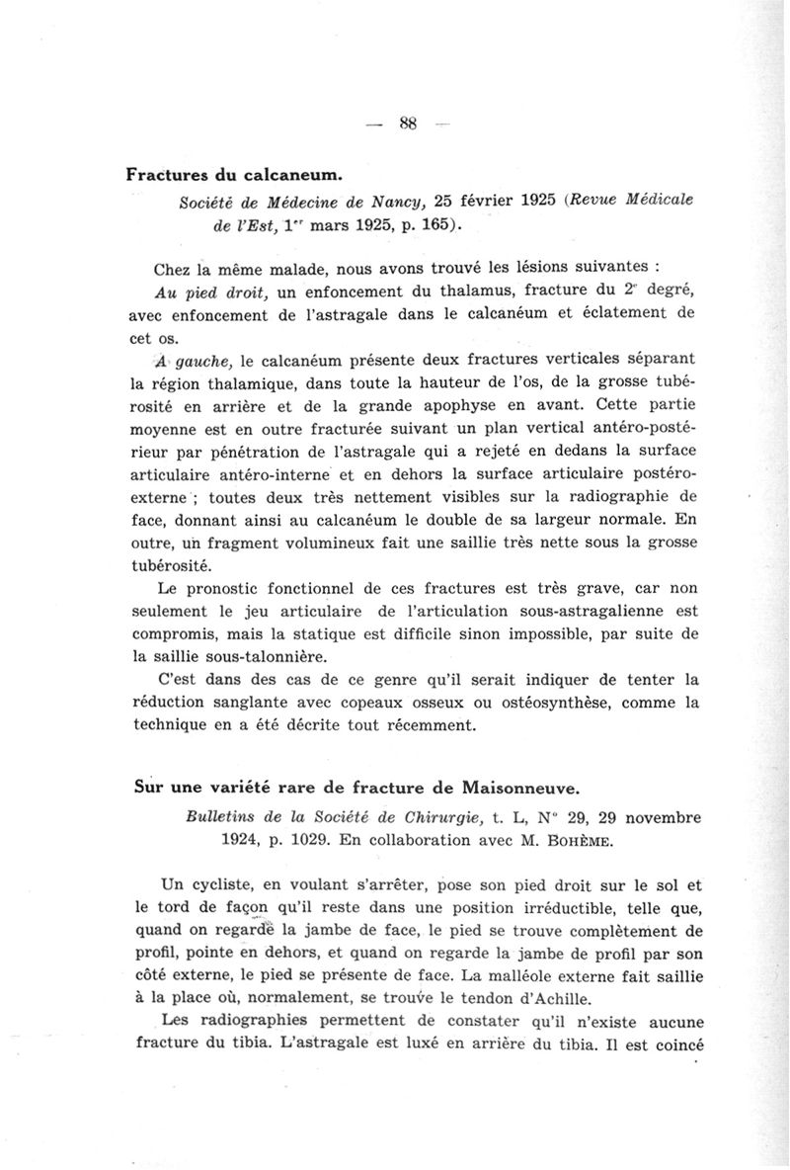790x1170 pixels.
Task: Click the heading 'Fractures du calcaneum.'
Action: point(234,175)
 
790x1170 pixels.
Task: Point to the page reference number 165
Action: point(436,224)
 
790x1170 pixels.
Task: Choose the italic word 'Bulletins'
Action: point(222,817)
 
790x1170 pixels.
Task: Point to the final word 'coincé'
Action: point(673,1045)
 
